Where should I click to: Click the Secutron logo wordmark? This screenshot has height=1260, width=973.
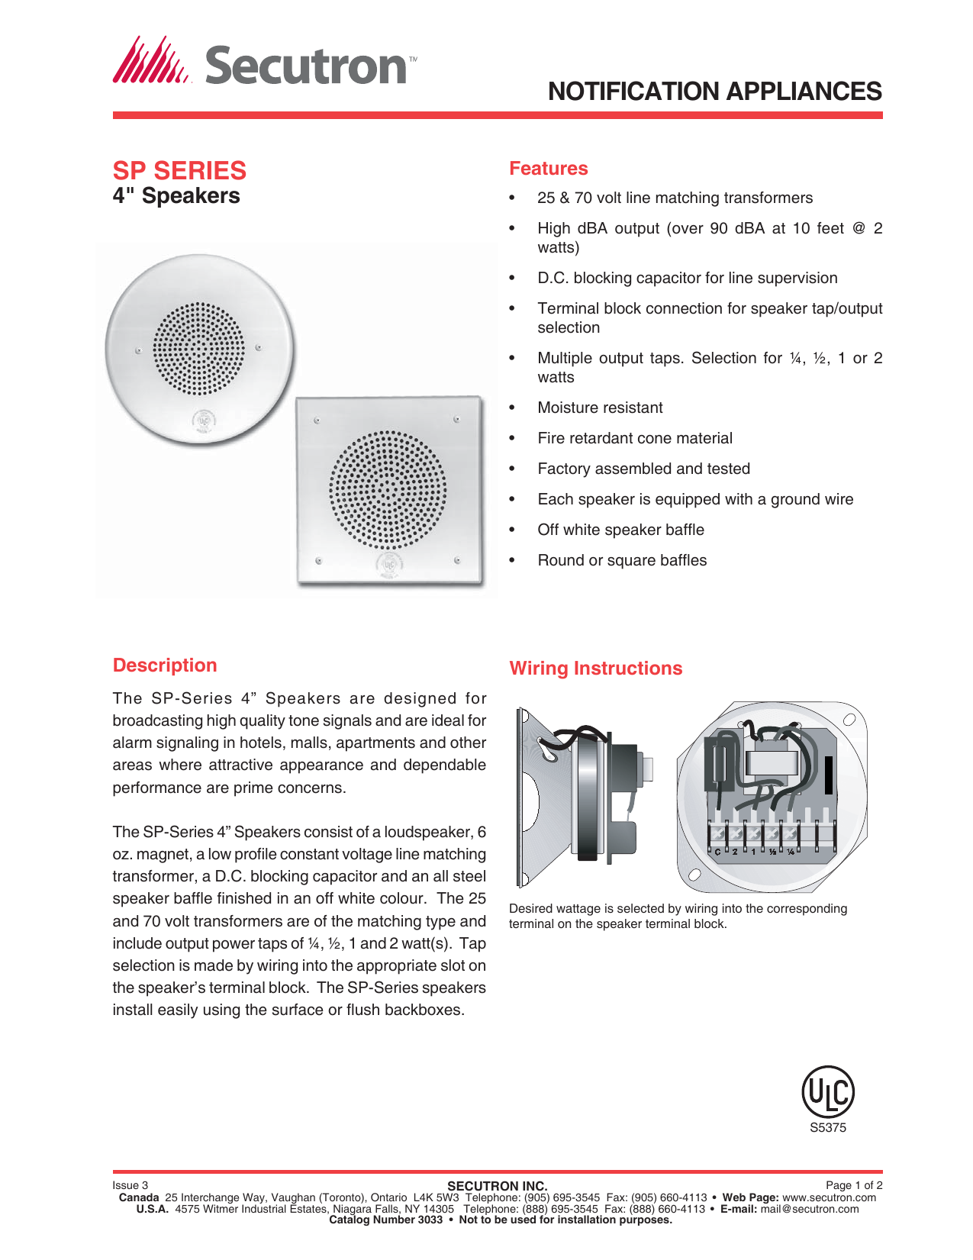[x=305, y=66]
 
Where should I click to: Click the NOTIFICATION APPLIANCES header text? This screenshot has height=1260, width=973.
[x=714, y=92]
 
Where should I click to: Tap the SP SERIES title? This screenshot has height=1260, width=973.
[x=179, y=170]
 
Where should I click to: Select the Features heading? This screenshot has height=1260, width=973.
[x=548, y=169]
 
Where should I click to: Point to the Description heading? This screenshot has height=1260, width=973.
[x=165, y=665]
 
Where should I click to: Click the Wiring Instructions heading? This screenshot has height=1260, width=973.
[x=595, y=669]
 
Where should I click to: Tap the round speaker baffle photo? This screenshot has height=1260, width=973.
[x=199, y=349]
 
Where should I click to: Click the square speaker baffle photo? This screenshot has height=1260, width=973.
[x=389, y=491]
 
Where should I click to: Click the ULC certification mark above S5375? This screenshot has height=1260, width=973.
[x=827, y=1092]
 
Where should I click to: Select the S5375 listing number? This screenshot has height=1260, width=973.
[x=827, y=1128]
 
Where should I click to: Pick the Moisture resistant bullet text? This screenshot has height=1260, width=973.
[x=600, y=408]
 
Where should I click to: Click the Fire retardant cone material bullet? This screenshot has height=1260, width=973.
[x=634, y=439]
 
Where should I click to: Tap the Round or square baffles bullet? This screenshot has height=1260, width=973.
[x=621, y=561]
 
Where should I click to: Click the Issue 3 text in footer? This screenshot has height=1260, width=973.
[x=130, y=1185]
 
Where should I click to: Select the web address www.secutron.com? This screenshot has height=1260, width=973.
[x=829, y=1197]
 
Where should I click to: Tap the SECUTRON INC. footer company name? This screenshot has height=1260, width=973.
[x=497, y=1186]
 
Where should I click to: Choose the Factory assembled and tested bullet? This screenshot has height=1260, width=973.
[x=643, y=469]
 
